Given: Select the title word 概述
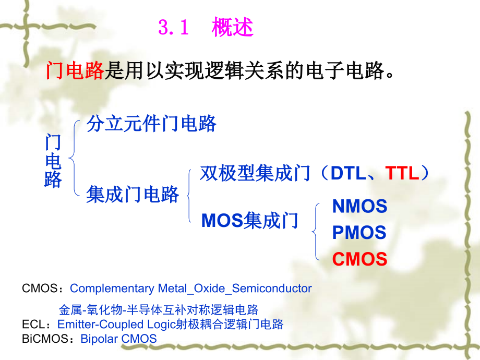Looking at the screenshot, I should point(232,28).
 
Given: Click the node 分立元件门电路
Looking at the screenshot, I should point(151,124).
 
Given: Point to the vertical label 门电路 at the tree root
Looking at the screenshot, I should point(53,161).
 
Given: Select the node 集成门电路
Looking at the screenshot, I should point(133,195).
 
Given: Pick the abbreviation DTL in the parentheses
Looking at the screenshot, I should point(348,174).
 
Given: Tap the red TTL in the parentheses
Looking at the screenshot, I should point(402,174).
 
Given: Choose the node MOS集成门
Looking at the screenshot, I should point(249,221).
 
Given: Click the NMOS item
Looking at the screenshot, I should point(359,207).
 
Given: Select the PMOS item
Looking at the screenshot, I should point(359,233).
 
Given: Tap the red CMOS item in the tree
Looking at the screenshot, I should point(359,259).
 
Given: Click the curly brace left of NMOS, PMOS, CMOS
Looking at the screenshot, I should point(316,232).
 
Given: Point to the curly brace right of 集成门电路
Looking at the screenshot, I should point(188,196).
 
